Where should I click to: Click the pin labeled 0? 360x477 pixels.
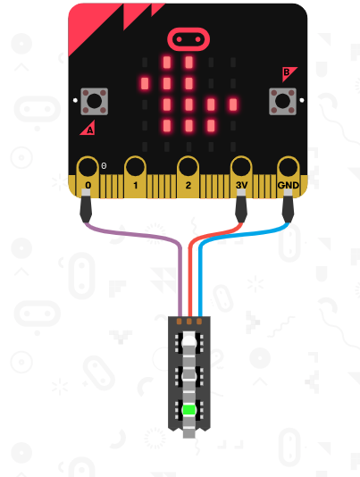tap(88, 177)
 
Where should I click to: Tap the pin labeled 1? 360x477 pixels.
tap(136, 177)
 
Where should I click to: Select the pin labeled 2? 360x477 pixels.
tap(188, 177)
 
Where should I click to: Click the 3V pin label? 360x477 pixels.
tap(241, 185)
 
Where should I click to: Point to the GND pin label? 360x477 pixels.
tap(289, 185)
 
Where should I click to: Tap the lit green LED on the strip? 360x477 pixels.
tap(189, 410)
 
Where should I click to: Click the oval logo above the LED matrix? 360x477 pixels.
tap(188, 39)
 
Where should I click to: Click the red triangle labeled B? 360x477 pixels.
tap(288, 73)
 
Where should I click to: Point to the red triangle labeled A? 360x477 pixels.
tap(88, 128)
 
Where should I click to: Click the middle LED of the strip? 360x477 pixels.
tap(189, 376)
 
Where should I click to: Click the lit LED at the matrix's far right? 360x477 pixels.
tap(233, 105)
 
